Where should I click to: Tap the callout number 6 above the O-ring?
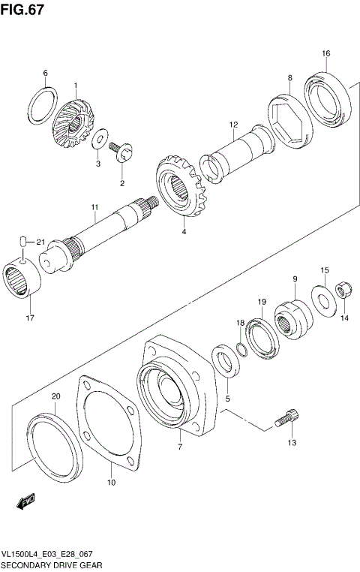tap(45, 73)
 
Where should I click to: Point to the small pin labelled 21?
tap(23, 241)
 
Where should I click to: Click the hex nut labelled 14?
tap(339, 291)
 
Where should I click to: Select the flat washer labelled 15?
tap(323, 300)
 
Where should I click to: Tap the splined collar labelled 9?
tap(293, 313)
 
